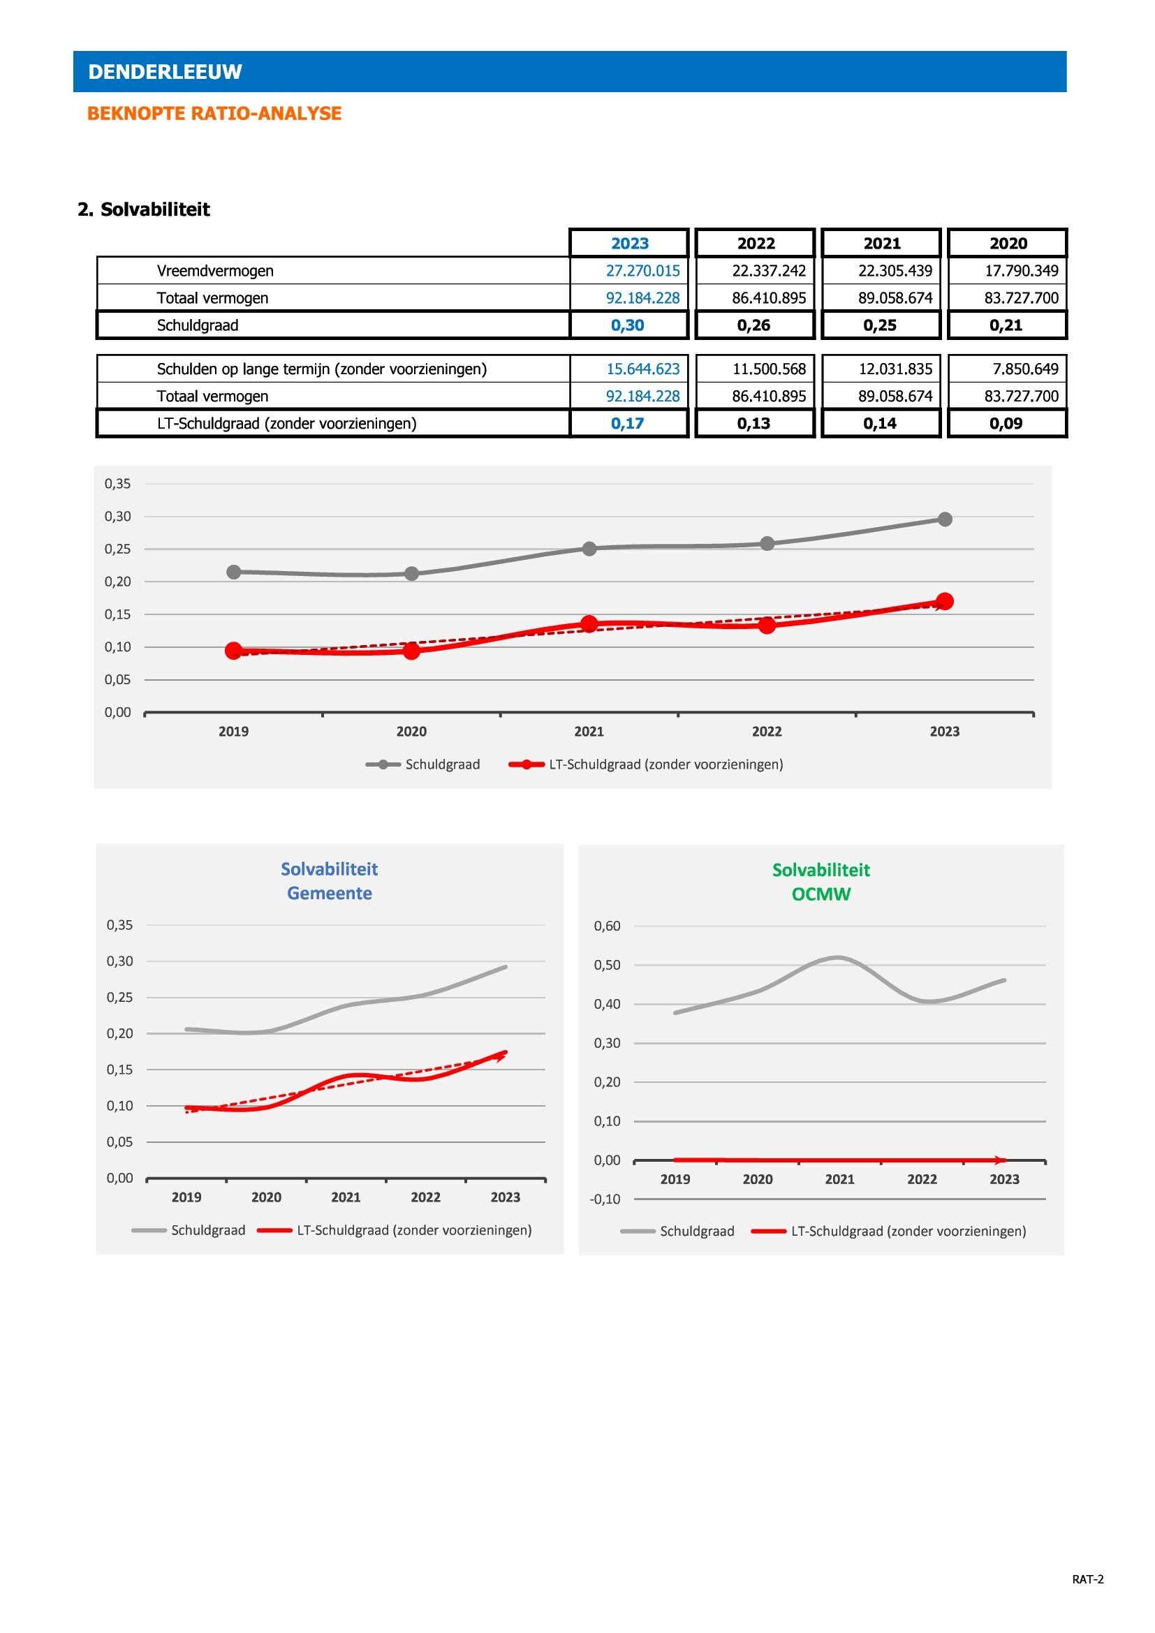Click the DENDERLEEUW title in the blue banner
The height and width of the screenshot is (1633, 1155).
coord(165,72)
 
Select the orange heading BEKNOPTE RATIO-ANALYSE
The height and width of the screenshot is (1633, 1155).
coord(214,114)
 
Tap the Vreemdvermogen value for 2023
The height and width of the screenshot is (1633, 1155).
coord(642,271)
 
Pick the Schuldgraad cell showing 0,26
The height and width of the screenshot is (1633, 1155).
coord(753,326)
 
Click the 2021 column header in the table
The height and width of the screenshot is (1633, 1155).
coord(882,243)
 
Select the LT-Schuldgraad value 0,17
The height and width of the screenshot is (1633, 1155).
coord(627,424)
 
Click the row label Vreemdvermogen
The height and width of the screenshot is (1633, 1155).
coord(215,271)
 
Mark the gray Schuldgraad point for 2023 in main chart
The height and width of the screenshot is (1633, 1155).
coord(945,519)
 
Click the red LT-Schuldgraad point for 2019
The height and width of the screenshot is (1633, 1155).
coord(233,650)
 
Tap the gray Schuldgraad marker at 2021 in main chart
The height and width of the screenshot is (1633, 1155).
coord(589,548)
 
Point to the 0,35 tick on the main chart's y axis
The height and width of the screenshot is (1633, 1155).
coord(118,484)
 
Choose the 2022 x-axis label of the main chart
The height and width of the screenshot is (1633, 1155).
coord(767,731)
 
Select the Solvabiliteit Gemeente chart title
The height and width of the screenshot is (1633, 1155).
coord(330,881)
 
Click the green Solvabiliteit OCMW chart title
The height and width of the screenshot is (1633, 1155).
coord(821,882)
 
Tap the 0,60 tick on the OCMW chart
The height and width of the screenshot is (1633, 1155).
coord(608,926)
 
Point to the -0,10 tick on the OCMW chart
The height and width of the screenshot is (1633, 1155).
coord(605,1199)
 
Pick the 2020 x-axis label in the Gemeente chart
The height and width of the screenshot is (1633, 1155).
coord(266,1197)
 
